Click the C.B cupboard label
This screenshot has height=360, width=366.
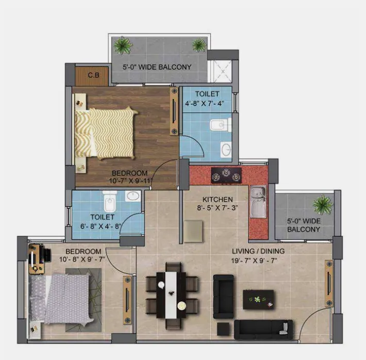tap(94, 75)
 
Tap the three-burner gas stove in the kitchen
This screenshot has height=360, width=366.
tap(226, 175)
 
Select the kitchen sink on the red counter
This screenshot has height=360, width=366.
tap(258, 202)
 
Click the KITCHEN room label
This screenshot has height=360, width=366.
tap(218, 200)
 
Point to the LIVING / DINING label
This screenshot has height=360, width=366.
tap(258, 251)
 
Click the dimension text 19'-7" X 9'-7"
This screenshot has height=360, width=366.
tap(254, 260)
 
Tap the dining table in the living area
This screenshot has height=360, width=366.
tap(171, 295)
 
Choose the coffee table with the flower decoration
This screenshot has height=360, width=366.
tap(258, 300)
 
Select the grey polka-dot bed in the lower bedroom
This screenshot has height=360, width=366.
tap(61, 299)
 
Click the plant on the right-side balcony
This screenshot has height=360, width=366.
tap(323, 204)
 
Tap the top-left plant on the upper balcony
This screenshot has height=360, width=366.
tap(122, 45)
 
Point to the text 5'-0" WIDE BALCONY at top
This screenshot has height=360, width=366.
tap(157, 67)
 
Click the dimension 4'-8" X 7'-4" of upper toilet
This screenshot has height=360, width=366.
tap(205, 103)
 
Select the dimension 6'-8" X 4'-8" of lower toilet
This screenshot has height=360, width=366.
tap(101, 226)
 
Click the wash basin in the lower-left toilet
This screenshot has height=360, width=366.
tap(133, 196)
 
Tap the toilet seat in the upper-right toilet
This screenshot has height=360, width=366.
tap(220, 125)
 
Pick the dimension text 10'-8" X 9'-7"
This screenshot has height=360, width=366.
tap(82, 259)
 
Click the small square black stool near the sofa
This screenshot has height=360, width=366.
tap(223, 329)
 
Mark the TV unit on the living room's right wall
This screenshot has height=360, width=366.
tap(329, 283)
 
